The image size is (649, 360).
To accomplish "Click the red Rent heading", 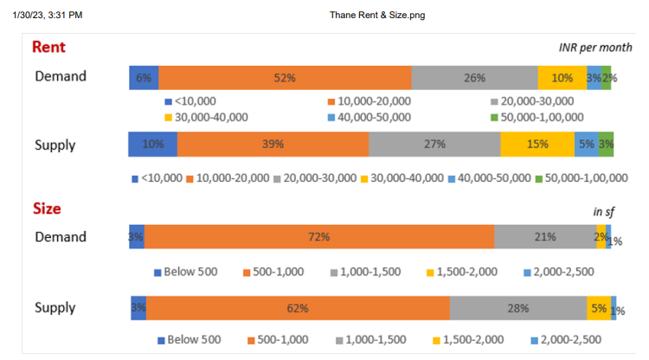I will click(x=48, y=48).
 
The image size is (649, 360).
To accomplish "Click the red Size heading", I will click(x=47, y=209).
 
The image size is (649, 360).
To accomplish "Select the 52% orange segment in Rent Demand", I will click(x=285, y=77).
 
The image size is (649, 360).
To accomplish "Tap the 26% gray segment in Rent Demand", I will click(x=474, y=77).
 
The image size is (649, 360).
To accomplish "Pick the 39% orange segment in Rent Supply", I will click(x=273, y=144).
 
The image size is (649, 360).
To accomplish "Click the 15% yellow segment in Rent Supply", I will click(x=537, y=144).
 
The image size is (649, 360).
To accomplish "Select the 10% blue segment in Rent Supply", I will click(x=153, y=144).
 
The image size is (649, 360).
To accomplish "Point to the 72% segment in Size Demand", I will click(x=318, y=237).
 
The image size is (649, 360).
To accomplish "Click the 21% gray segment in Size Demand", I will click(x=544, y=237).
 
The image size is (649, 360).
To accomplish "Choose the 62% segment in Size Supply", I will click(x=298, y=308).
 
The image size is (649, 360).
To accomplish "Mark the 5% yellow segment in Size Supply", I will click(x=599, y=308).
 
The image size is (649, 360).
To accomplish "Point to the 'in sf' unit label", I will click(x=602, y=211).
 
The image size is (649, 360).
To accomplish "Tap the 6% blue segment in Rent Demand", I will click(x=144, y=77).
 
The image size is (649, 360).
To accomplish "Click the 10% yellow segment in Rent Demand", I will click(x=562, y=77).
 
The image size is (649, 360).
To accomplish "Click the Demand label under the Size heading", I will click(x=61, y=237).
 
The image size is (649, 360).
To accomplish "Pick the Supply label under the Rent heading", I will click(x=55, y=145).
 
